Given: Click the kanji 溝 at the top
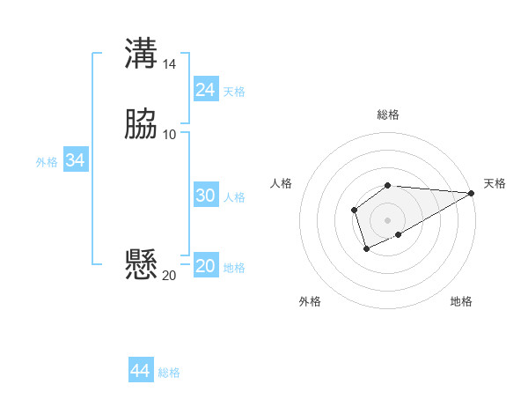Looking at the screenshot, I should pyautogui.click(x=142, y=53).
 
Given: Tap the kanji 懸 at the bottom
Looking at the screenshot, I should pyautogui.click(x=142, y=263).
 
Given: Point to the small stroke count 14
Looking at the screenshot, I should pyautogui.click(x=170, y=64).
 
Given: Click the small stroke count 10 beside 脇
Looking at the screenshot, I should pyautogui.click(x=170, y=134).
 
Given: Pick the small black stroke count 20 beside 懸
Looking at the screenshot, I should pyautogui.click(x=169, y=275).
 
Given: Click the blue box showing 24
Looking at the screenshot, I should pyautogui.click(x=206, y=89).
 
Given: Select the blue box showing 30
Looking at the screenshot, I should pyautogui.click(x=206, y=196).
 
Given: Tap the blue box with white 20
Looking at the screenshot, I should pyautogui.click(x=206, y=266).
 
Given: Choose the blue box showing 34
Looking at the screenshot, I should pyautogui.click(x=75, y=160).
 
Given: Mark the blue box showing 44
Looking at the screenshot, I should pyautogui.click(x=140, y=371).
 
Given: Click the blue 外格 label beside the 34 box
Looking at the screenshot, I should pyautogui.click(x=47, y=162).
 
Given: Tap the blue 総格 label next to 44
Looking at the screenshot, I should pyautogui.click(x=169, y=373).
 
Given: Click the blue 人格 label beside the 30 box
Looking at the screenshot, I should pyautogui.click(x=235, y=197).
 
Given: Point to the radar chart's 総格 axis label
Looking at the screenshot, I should pyautogui.click(x=388, y=115).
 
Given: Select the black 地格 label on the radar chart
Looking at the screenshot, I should pyautogui.click(x=461, y=302).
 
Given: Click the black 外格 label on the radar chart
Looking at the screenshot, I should pyautogui.click(x=310, y=302).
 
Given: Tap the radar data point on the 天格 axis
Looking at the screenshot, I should pyautogui.click(x=472, y=193).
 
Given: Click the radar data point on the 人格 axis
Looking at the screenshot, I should pyautogui.click(x=354, y=209).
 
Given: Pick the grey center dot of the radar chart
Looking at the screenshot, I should pyautogui.click(x=388, y=219).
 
